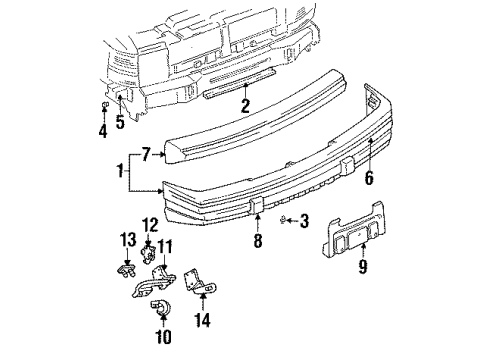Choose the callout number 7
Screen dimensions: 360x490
click(146, 155)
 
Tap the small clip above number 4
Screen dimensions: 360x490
click(103, 105)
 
